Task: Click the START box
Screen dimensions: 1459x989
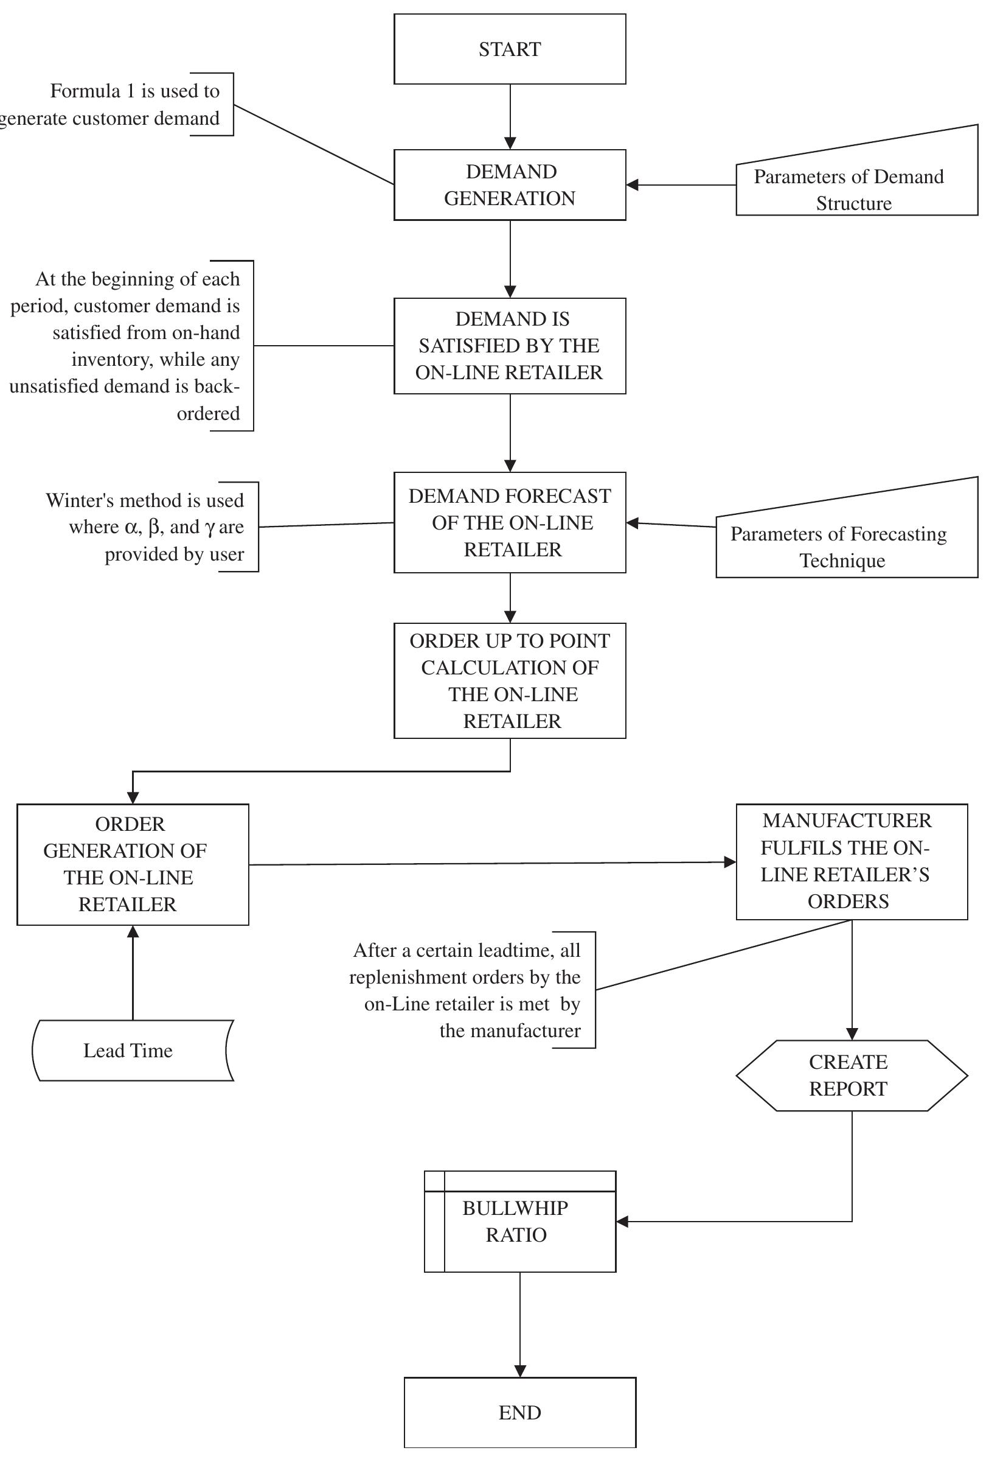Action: [510, 49]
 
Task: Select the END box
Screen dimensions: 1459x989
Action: [519, 1413]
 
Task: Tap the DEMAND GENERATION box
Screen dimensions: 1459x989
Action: [510, 184]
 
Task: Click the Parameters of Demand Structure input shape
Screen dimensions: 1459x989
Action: [856, 185]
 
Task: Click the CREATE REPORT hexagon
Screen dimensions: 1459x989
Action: [852, 1076]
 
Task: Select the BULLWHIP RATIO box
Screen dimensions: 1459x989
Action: [519, 1221]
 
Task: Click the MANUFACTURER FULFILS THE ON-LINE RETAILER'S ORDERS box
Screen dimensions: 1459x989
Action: [852, 861]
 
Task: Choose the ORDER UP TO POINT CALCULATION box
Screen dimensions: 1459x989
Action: [510, 681]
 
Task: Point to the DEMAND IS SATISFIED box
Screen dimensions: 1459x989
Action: [510, 346]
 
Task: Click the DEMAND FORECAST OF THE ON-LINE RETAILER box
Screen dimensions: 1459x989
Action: [510, 522]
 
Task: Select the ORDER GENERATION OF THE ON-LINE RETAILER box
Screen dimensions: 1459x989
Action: [133, 864]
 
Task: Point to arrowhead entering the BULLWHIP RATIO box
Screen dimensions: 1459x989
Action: [622, 1221]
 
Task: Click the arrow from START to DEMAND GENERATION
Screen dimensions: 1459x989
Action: [510, 116]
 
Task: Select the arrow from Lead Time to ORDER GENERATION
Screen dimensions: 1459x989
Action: [133, 973]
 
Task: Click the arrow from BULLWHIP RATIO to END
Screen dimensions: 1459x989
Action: [519, 1324]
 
